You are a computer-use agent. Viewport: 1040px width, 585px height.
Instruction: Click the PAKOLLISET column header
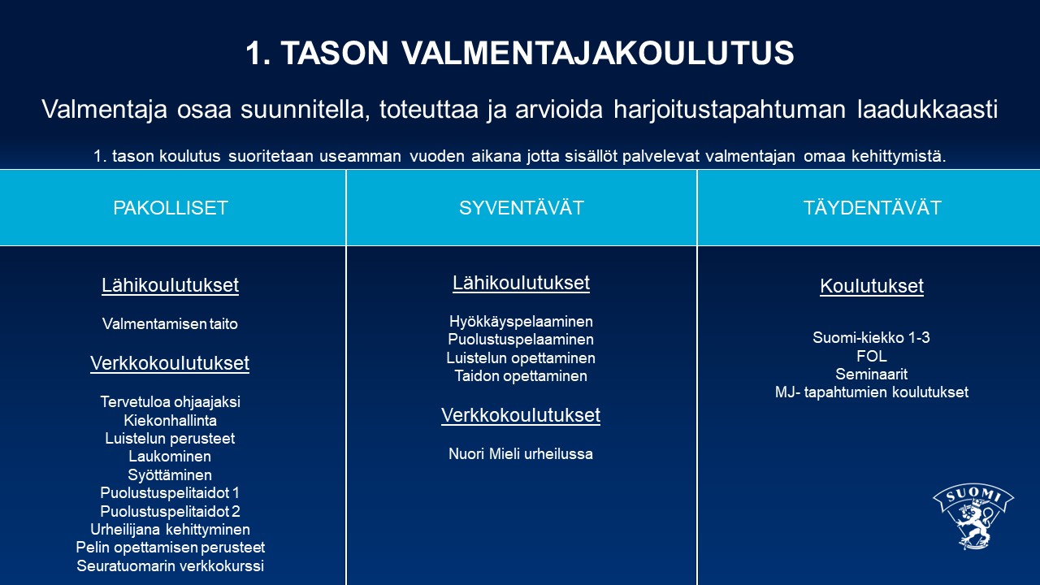click(171, 207)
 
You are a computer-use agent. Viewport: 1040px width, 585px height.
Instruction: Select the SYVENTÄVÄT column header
click(522, 207)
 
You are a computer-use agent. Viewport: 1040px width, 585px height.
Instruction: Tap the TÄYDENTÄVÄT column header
click(872, 207)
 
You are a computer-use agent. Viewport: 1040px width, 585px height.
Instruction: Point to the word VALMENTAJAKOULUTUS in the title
click(598, 53)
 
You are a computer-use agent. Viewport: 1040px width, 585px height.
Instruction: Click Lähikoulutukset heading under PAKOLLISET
click(170, 285)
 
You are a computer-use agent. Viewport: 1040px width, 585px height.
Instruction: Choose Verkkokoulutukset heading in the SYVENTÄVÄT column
click(521, 415)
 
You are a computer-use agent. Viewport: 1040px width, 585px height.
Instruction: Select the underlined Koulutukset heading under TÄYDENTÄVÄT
click(872, 286)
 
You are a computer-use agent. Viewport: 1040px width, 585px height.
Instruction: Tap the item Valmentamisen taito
click(170, 323)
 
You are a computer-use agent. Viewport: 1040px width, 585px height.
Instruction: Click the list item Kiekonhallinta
click(170, 420)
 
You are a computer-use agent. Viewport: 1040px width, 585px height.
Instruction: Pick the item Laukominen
click(170, 457)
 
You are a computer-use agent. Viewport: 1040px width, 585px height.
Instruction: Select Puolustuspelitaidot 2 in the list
click(170, 511)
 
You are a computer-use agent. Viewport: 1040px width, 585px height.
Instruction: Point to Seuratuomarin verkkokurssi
click(170, 566)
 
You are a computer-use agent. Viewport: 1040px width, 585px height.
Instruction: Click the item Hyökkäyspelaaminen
click(521, 322)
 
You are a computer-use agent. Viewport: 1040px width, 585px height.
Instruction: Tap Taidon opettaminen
click(521, 375)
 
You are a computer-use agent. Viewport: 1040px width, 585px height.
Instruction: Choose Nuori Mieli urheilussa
click(521, 453)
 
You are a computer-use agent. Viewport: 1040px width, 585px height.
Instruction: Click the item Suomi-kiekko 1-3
click(871, 337)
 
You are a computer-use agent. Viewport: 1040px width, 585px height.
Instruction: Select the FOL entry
click(872, 356)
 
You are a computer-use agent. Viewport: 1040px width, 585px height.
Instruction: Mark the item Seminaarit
click(872, 374)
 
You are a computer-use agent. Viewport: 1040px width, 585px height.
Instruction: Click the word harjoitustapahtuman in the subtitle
click(730, 110)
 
